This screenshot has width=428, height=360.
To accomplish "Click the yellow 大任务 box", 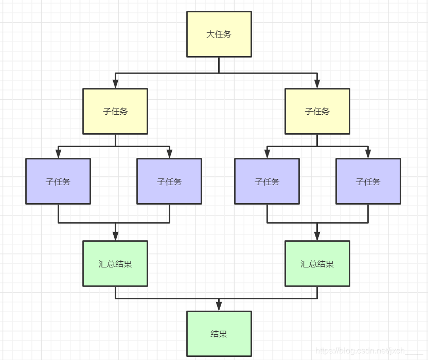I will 219,34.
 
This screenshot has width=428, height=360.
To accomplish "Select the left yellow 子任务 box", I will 115,111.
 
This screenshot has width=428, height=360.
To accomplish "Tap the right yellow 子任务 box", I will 317,111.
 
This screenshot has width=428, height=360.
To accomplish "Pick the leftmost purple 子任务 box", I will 58,181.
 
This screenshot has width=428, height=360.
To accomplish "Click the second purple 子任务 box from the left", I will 169,181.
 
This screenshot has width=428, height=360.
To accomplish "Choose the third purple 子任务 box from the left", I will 267,181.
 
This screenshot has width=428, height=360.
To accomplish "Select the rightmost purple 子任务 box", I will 368,181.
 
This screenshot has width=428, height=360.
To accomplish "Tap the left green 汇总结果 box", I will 115,263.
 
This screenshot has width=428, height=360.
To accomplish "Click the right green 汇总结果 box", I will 317,263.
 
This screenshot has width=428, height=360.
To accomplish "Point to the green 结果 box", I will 219,334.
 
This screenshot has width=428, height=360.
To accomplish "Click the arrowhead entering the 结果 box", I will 219,307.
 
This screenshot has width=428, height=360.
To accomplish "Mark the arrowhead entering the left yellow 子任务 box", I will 115,83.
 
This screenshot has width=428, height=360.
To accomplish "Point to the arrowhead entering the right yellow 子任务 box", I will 317,83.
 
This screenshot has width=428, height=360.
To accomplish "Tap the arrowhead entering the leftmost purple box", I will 58,153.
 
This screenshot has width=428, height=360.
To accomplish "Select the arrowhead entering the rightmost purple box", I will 368,153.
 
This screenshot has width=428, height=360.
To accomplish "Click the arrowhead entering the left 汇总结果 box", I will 115,236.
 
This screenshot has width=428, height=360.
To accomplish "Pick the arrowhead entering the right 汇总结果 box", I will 317,236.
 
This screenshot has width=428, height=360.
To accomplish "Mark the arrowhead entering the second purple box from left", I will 169,153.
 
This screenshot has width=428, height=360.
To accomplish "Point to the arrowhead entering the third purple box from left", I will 267,153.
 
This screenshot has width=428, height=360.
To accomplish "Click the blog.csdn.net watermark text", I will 360,351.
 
